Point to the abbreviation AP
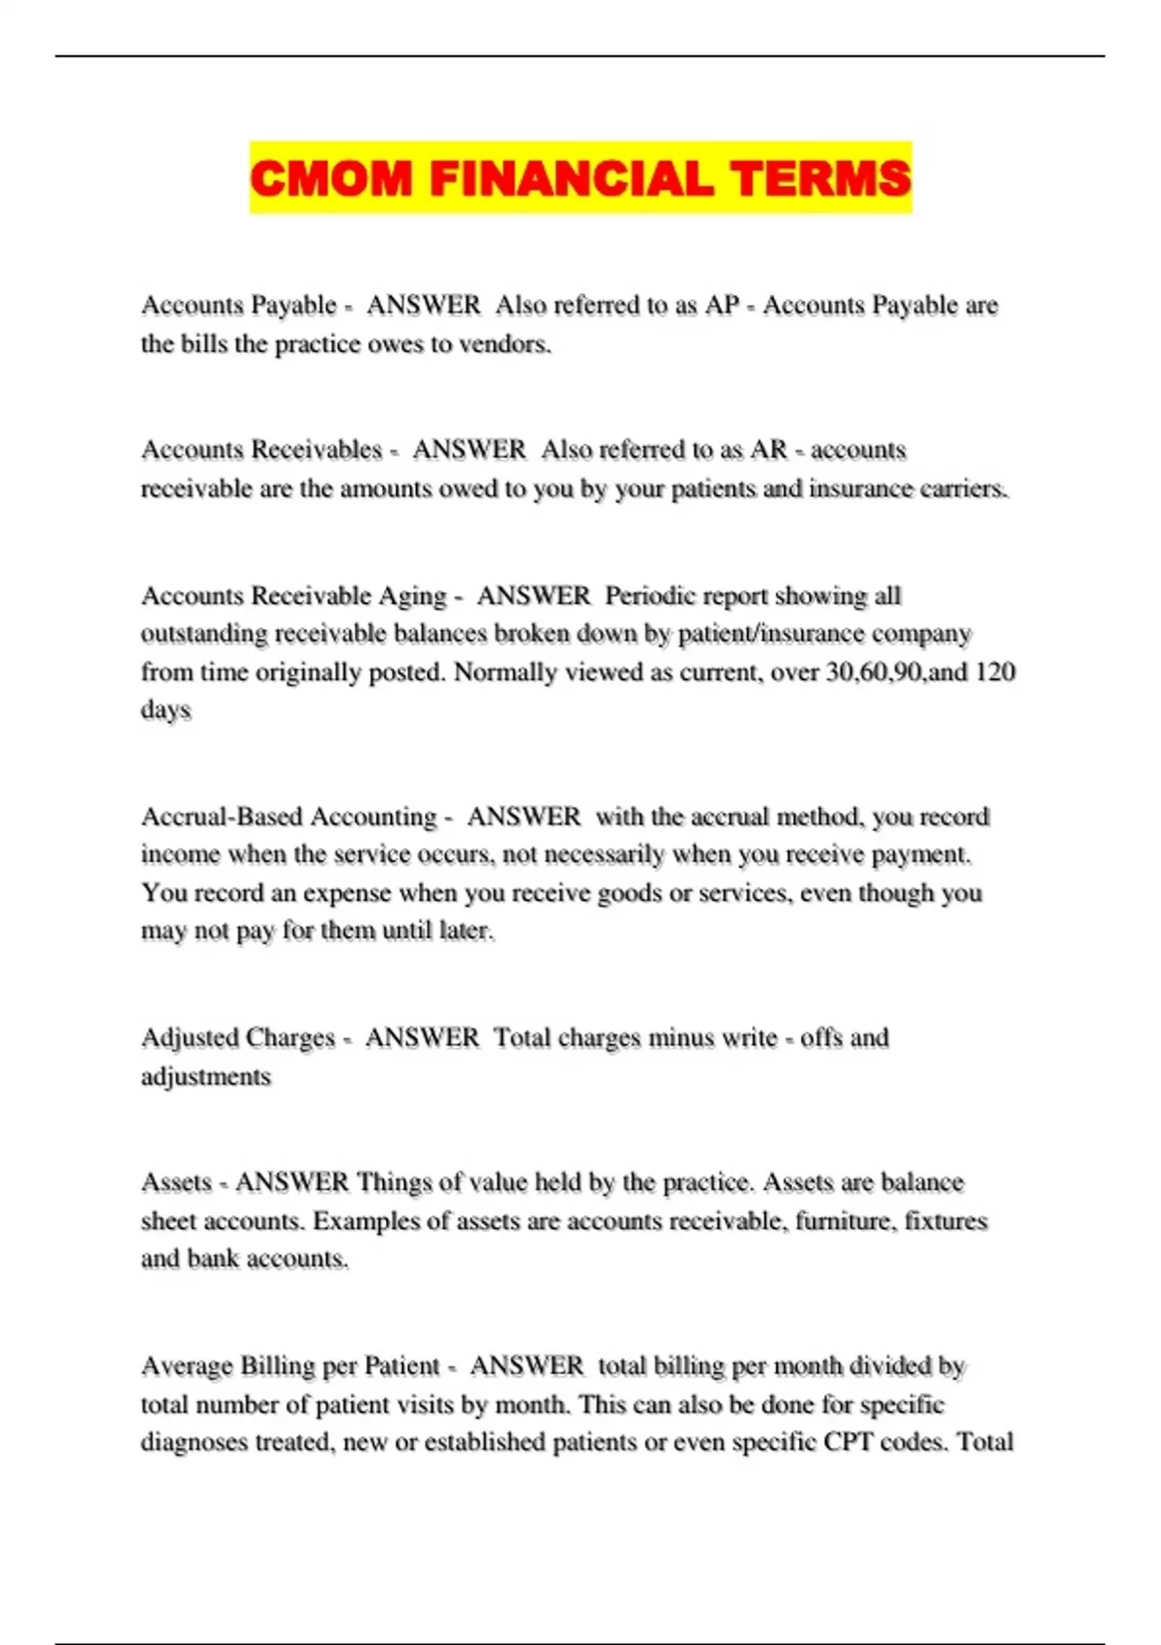click(722, 306)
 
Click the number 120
click(995, 672)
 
